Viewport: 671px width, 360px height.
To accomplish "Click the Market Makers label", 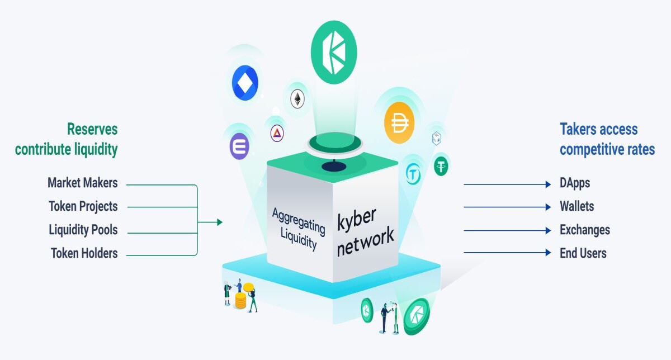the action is [82, 183].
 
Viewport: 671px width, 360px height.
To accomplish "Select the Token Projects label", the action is [83, 206].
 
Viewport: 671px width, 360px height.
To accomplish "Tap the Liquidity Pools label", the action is [83, 230].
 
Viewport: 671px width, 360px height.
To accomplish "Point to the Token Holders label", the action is [84, 253].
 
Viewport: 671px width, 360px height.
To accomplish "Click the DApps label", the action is [575, 183].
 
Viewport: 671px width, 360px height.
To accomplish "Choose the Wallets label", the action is [577, 206].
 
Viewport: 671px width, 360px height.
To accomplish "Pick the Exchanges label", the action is [585, 230].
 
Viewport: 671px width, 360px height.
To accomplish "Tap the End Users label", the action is [583, 253].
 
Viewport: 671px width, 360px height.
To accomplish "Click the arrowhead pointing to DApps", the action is [548, 184].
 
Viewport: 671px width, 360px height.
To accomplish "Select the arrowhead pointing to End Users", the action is [548, 253].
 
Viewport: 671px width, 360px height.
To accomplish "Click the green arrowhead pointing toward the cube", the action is [220, 222].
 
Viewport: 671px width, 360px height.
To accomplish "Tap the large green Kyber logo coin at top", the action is [334, 52].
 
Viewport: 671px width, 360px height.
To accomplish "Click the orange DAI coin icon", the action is [399, 122].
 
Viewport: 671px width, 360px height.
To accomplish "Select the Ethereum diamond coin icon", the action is [297, 99].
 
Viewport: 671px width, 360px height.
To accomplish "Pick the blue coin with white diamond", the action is [245, 83].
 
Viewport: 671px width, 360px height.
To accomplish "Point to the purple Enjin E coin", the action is [239, 146].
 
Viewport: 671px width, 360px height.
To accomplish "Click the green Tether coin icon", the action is [441, 166].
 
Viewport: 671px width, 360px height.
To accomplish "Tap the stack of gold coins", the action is [240, 300].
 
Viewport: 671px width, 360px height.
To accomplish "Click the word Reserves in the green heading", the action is [92, 129].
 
